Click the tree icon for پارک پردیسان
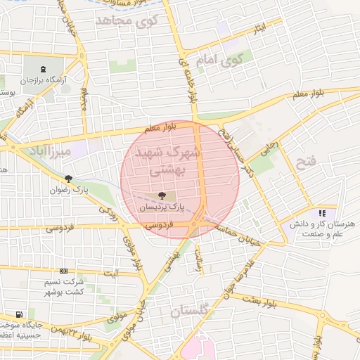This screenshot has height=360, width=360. point(162,195)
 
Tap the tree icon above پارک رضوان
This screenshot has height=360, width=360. point(68,179)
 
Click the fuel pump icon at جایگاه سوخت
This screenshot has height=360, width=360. point(19,314)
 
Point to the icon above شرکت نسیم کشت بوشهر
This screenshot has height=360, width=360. point(64,271)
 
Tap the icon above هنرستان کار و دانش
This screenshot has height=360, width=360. point(322,212)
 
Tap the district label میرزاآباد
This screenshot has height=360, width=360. point(46,152)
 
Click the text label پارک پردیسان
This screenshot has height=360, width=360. point(162,208)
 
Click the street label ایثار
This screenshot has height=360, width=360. point(259,28)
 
